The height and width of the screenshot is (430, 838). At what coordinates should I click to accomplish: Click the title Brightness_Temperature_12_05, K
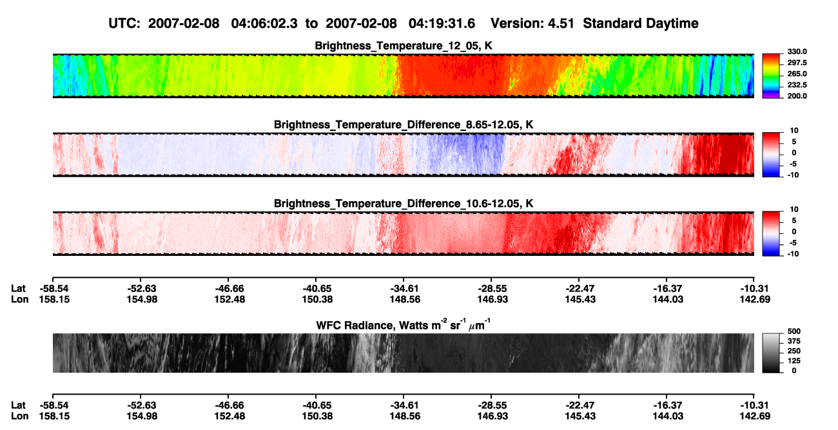click(404, 46)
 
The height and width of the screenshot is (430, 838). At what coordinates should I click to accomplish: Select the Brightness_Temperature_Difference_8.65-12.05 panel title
click(404, 124)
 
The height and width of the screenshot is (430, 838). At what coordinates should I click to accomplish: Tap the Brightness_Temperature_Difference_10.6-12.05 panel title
click(404, 204)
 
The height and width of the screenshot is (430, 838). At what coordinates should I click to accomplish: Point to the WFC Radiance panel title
click(404, 325)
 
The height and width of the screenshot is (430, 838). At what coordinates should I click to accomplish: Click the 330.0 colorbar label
click(797, 52)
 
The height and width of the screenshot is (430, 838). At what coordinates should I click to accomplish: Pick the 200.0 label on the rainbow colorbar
click(797, 96)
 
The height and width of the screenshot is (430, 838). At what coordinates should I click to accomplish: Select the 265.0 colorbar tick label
click(797, 73)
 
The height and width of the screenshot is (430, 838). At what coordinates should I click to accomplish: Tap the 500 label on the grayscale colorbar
click(794, 331)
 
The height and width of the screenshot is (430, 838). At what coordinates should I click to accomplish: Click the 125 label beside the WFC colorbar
click(794, 361)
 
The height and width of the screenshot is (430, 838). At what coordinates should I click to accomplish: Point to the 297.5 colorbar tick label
click(797, 63)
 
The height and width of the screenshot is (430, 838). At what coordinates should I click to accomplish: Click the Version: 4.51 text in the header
click(532, 23)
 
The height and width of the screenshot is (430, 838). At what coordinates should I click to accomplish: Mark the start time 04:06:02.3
click(264, 23)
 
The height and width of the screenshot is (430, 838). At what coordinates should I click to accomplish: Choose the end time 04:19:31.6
click(442, 23)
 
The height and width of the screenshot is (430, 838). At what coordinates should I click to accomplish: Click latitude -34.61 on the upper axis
click(404, 289)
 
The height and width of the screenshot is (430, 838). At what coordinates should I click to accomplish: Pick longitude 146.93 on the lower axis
click(492, 416)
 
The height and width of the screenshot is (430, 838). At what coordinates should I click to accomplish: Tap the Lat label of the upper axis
click(18, 289)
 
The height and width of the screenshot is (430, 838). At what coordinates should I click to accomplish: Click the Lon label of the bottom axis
click(19, 416)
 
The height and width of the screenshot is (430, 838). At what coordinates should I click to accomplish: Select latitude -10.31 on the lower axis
click(754, 406)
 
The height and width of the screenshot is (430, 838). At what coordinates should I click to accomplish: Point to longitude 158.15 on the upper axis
click(54, 299)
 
